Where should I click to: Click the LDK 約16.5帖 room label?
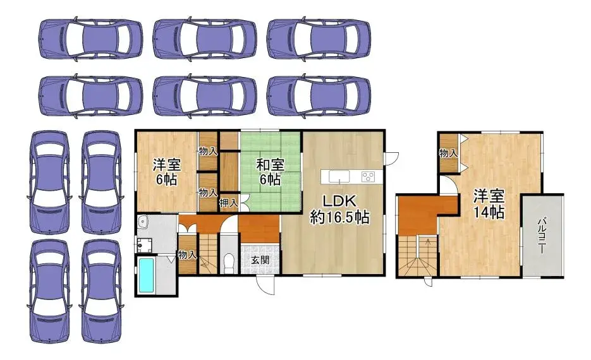pyautogui.click(x=339, y=209)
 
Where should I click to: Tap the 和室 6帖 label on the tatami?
pyautogui.click(x=271, y=172)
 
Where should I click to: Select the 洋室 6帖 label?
pyautogui.click(x=167, y=172)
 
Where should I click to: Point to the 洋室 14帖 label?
pyautogui.click(x=489, y=204)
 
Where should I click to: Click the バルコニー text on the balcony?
pyautogui.click(x=542, y=236)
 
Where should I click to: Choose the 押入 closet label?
pyautogui.click(x=228, y=203)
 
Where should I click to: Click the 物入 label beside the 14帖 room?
pyautogui.click(x=449, y=153)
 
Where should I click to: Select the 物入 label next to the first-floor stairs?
pyautogui.click(x=187, y=255)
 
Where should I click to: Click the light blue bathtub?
pyautogui.click(x=147, y=275)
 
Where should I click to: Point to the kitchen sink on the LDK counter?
pyautogui.click(x=339, y=176)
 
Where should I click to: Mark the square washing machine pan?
pyautogui.click(x=144, y=246)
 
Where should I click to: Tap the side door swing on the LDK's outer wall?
pyautogui.click(x=392, y=158)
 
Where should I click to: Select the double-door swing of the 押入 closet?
pyautogui.click(x=244, y=202)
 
